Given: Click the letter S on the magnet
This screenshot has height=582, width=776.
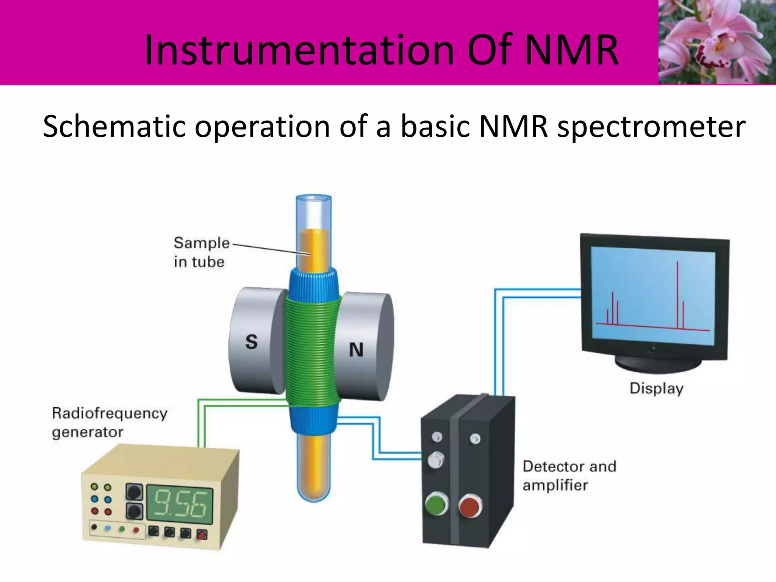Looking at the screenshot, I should [251, 342].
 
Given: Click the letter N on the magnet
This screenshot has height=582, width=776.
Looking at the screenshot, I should [356, 350].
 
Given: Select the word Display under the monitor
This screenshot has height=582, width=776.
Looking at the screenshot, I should [656, 389].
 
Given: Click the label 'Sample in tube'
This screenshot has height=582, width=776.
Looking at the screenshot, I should [201, 252].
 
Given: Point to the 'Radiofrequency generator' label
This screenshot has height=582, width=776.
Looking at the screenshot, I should [109, 422].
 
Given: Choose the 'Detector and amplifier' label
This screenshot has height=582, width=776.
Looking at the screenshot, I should [568, 476].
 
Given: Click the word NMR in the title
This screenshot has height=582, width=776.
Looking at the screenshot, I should [571, 50].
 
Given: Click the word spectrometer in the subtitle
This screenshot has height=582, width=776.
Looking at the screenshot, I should [651, 127].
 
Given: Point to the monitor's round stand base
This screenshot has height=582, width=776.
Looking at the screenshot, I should [658, 365].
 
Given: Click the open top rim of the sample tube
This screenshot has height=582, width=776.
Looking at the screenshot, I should [313, 198].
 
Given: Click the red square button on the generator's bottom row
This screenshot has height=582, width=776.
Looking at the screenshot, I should [202, 535].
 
